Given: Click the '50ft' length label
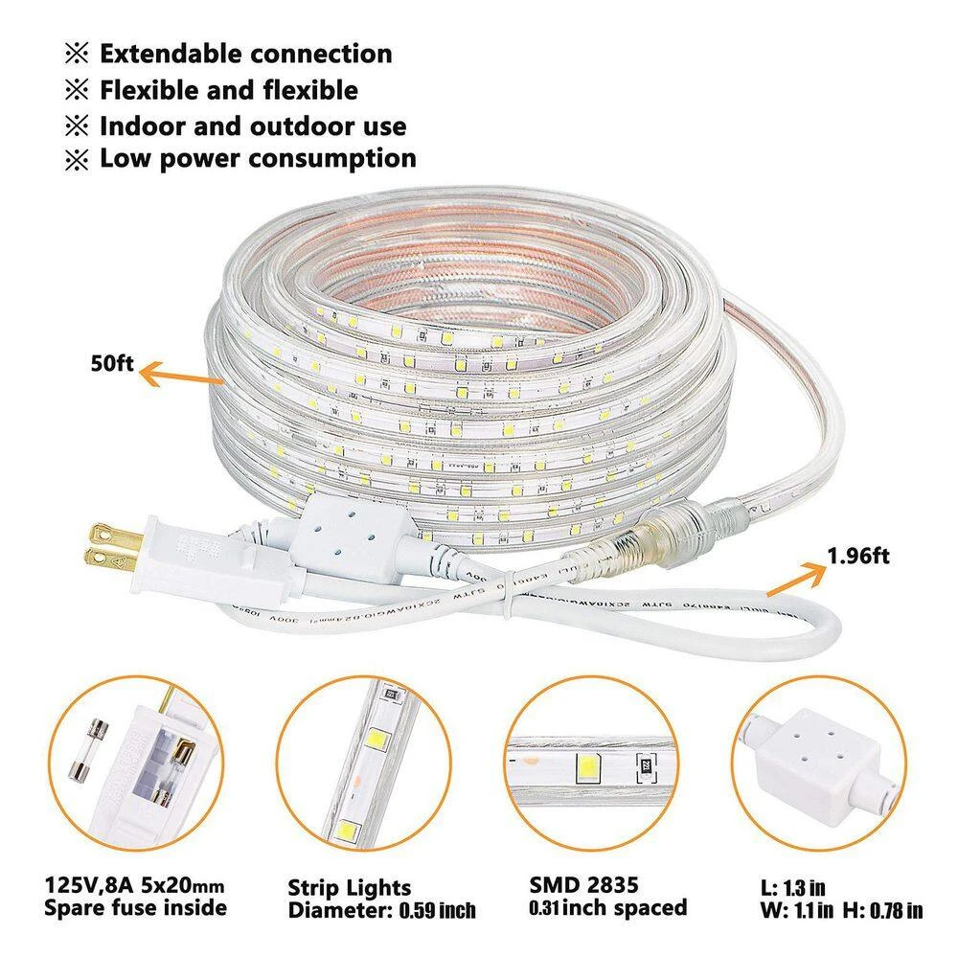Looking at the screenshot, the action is (x=112, y=363).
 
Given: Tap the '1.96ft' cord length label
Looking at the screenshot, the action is (x=858, y=556).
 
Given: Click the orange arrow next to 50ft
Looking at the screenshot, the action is (x=181, y=375).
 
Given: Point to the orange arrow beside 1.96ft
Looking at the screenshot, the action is (x=795, y=580).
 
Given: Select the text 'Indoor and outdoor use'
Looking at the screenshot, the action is (x=253, y=126).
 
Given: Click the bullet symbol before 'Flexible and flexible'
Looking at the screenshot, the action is (x=77, y=90).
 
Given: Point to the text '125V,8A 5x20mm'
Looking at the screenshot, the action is (x=134, y=885).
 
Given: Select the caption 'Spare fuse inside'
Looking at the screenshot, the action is (x=135, y=908).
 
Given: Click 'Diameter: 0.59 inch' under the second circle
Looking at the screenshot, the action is (x=382, y=910).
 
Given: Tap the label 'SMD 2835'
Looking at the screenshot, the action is (x=583, y=884).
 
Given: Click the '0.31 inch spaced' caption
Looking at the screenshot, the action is (x=608, y=908).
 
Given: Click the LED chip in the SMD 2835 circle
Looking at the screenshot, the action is (x=587, y=766).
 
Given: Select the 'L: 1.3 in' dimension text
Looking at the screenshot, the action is (x=792, y=887).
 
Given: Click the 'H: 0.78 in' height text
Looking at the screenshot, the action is (x=883, y=910).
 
